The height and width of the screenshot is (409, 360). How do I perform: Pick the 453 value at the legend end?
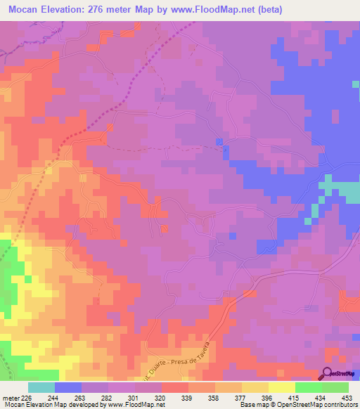347,397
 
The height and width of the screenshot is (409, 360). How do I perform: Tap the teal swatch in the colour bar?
41,387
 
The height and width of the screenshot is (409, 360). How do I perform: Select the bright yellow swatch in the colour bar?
281,387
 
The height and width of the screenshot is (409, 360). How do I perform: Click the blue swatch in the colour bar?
68,387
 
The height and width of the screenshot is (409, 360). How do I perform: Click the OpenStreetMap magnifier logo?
327,375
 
